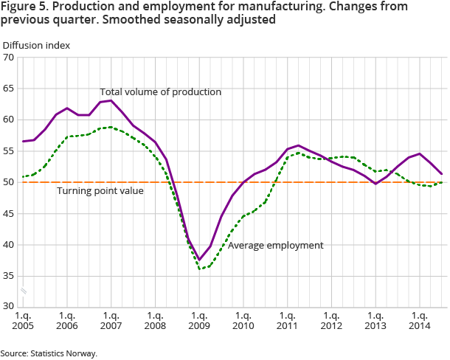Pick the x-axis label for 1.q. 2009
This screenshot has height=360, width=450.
(199, 319)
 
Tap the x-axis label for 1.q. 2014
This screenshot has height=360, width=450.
(420, 319)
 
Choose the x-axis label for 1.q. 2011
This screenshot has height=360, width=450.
(287, 319)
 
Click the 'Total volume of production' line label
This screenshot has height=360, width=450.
(161, 92)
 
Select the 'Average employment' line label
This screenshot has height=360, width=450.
(275, 246)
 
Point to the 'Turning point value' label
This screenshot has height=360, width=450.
(100, 191)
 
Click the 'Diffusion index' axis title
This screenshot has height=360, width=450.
(36, 45)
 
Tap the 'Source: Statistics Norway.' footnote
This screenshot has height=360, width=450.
(49, 353)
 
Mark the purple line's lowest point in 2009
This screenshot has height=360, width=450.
(199, 260)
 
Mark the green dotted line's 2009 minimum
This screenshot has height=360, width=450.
(201, 269)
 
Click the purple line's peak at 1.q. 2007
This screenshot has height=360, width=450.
(111, 100)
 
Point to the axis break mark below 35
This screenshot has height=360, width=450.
(24, 291)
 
